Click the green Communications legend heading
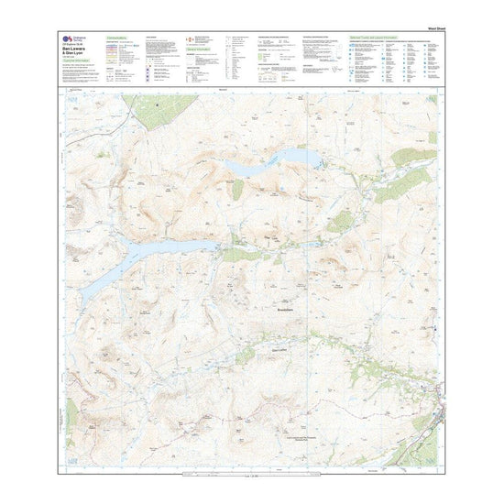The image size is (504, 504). coord(121,38)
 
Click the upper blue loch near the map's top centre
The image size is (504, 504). coord(275,164)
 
